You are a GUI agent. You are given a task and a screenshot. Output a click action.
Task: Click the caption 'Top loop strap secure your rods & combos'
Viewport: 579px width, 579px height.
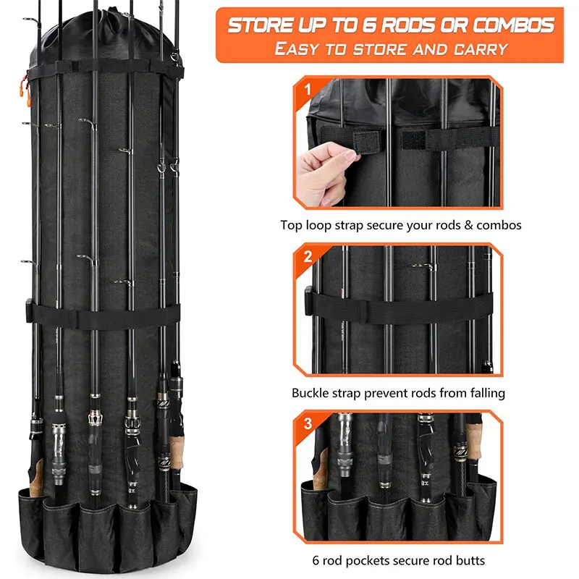point(400,225)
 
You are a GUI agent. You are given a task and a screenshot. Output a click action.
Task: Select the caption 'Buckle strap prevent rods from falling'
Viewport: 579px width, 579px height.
point(398,393)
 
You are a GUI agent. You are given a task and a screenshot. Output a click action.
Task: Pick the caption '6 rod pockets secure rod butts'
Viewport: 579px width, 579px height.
point(398,559)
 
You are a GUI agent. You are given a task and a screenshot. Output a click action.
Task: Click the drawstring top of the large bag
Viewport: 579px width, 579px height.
point(101,36)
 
